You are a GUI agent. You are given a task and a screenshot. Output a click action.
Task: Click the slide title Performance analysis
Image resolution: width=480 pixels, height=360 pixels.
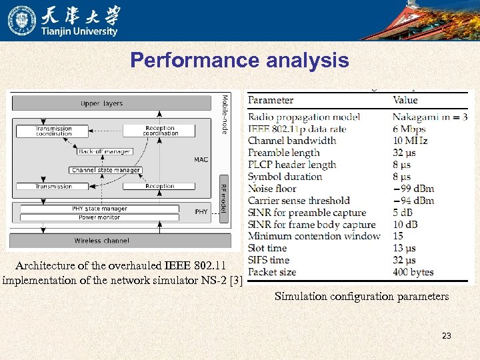point(239,61)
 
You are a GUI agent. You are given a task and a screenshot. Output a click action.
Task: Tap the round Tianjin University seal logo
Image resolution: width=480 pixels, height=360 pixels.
point(22,20)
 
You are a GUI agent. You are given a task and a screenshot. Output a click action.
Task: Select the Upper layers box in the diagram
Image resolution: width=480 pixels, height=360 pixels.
point(101,103)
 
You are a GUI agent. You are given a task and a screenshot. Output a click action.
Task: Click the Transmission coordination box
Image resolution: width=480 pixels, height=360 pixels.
point(54,131)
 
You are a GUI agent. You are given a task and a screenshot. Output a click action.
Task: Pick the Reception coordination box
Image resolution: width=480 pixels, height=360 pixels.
point(159,131)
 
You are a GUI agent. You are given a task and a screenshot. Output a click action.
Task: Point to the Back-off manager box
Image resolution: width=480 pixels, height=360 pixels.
point(104,151)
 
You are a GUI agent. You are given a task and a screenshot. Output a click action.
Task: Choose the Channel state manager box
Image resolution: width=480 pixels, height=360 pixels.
point(105,170)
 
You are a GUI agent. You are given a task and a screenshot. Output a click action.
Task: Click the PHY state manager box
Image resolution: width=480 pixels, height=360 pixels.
point(99,209)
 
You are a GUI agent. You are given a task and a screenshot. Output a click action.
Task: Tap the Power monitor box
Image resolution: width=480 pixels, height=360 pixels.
point(99,217)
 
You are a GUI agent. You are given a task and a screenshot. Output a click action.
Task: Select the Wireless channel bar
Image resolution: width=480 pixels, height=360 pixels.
point(101,241)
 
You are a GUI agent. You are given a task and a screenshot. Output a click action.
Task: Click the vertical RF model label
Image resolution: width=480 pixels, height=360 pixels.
point(224,198)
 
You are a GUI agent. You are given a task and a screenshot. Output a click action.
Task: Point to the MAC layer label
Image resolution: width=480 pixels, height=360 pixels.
point(201,159)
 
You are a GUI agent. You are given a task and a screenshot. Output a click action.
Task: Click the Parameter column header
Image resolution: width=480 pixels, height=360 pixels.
point(271,100)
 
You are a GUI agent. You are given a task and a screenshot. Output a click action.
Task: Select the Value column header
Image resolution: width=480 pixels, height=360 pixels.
point(405,100)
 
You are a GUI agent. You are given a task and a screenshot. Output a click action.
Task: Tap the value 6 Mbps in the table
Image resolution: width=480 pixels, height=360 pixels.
point(409,129)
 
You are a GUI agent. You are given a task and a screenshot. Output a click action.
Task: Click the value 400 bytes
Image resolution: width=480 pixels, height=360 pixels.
point(413,272)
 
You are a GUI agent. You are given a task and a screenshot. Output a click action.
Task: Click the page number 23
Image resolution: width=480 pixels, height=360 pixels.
point(446,336)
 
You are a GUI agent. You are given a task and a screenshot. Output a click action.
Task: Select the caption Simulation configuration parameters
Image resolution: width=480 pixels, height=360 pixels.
point(361,296)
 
